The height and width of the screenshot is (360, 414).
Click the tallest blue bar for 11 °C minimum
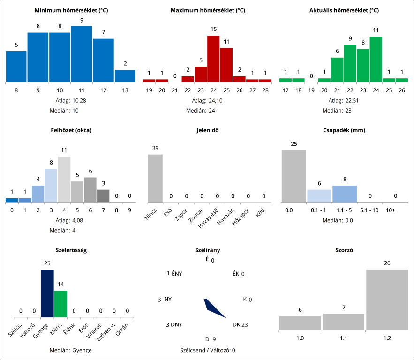click(82, 54)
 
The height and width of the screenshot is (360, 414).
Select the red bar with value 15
click(213, 59)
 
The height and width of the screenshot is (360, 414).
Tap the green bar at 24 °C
click(376, 59)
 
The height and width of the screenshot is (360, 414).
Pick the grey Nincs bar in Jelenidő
click(155, 178)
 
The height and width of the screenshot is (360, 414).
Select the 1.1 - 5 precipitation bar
click(345, 194)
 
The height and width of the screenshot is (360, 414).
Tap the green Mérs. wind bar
click(60, 304)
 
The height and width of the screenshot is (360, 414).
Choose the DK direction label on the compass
click(236, 324)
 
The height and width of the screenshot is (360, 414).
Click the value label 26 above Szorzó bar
click(387, 263)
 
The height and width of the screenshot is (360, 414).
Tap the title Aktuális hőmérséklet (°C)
click(344, 10)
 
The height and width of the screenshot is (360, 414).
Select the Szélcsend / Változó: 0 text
click(207, 350)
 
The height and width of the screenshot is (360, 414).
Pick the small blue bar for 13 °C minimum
click(125, 76)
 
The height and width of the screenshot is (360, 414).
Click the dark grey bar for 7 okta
click(103, 196)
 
